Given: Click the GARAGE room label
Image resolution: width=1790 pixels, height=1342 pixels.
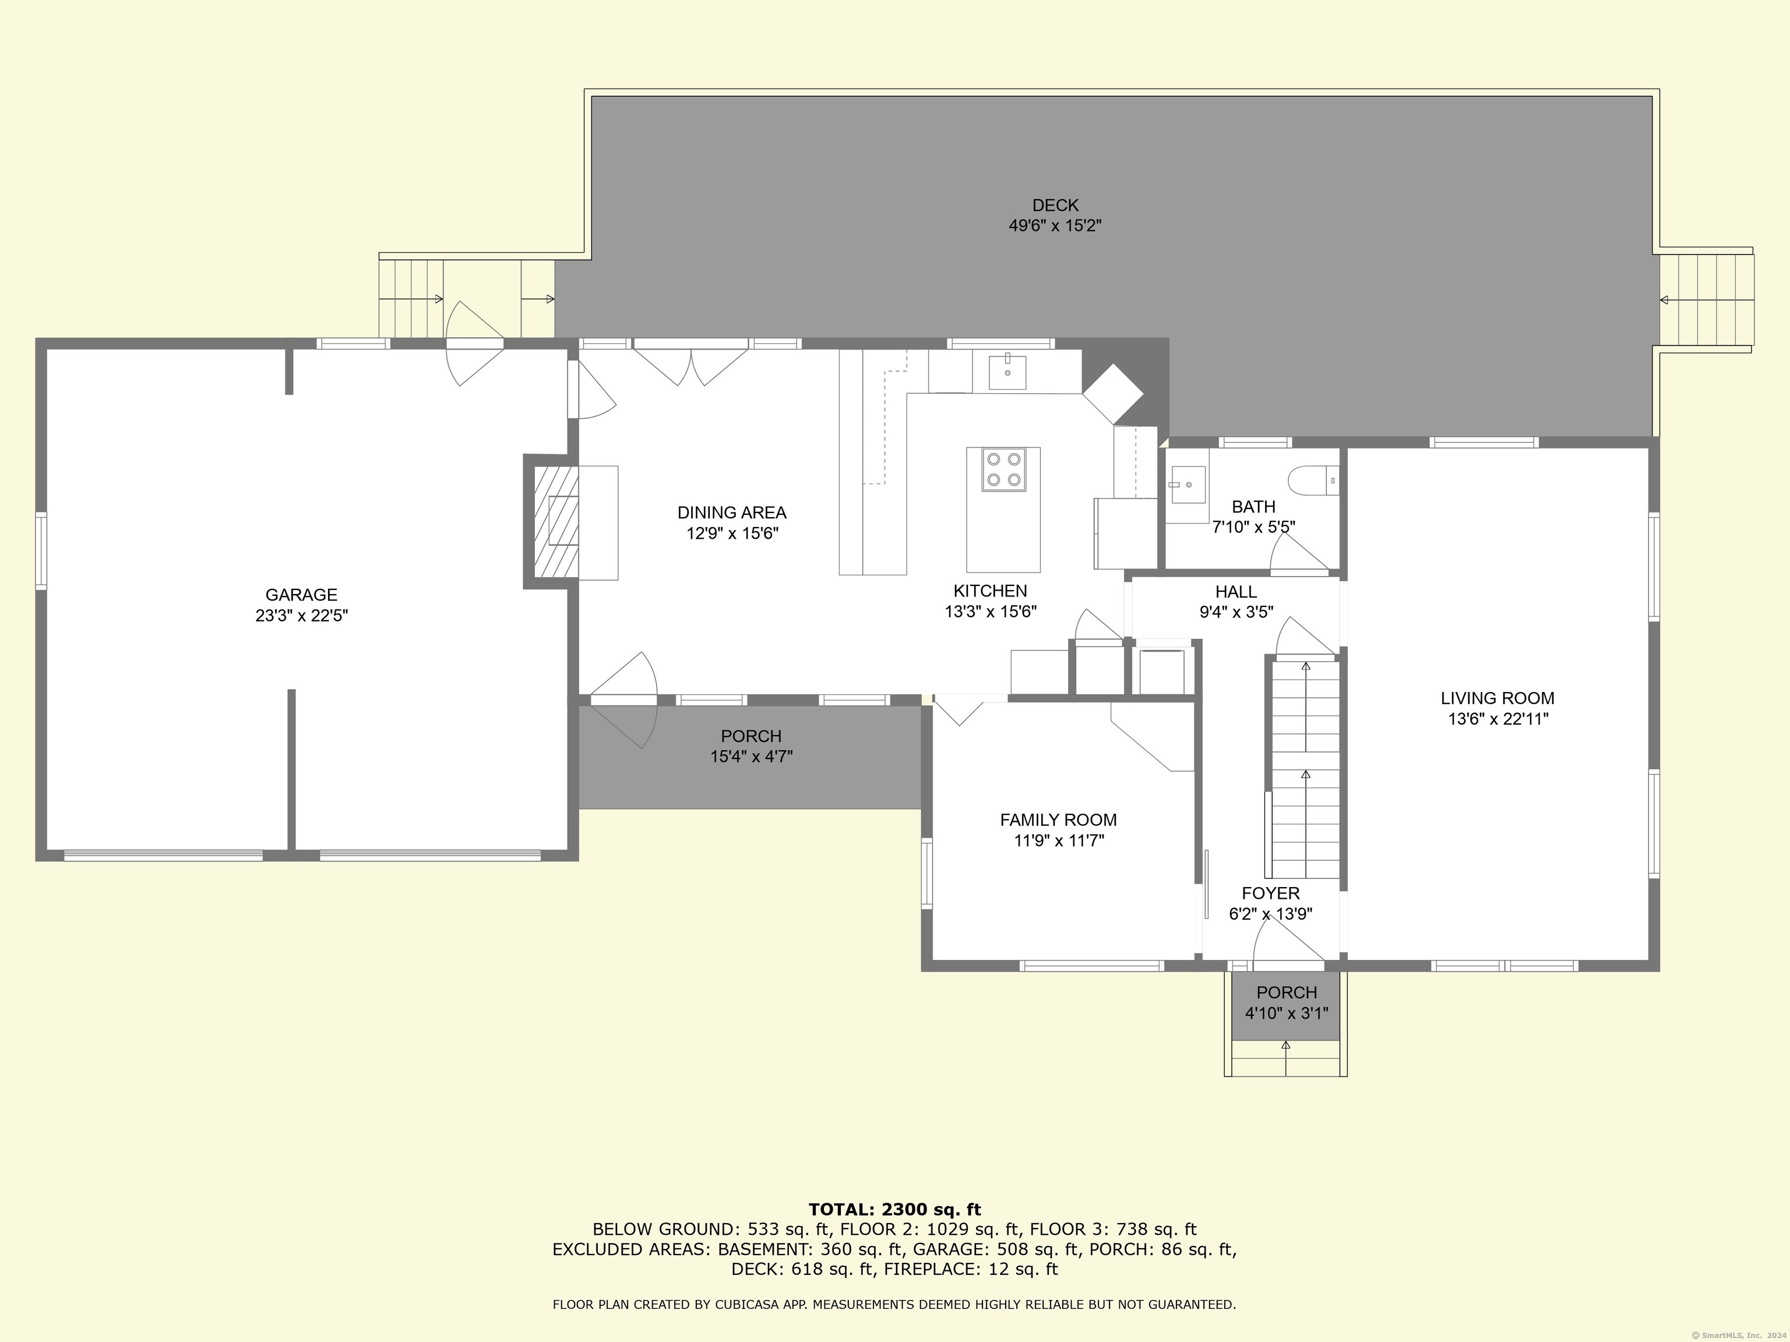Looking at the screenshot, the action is [x=301, y=595].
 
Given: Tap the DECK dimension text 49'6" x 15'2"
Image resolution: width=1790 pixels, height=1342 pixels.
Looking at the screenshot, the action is [x=1055, y=225].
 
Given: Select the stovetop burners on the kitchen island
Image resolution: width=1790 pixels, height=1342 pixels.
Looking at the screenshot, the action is [x=1004, y=469].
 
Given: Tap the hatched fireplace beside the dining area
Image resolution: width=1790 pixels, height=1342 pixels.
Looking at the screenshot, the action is [x=556, y=522].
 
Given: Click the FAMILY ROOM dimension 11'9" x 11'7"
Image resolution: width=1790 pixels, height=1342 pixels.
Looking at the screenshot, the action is [x=1059, y=840].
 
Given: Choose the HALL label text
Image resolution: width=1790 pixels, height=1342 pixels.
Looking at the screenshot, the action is [x=1236, y=592].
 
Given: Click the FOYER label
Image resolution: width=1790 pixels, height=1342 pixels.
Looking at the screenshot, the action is [x=1270, y=893].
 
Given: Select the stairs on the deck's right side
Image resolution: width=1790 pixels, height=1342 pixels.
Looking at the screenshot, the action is [x=1706, y=299].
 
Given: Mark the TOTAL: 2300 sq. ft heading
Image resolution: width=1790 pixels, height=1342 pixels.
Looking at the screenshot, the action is [x=894, y=1209].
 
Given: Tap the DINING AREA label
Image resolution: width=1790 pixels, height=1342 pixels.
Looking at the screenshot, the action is [x=731, y=513].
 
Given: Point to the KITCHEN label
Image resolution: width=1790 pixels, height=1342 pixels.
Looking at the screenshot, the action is [x=991, y=591].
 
